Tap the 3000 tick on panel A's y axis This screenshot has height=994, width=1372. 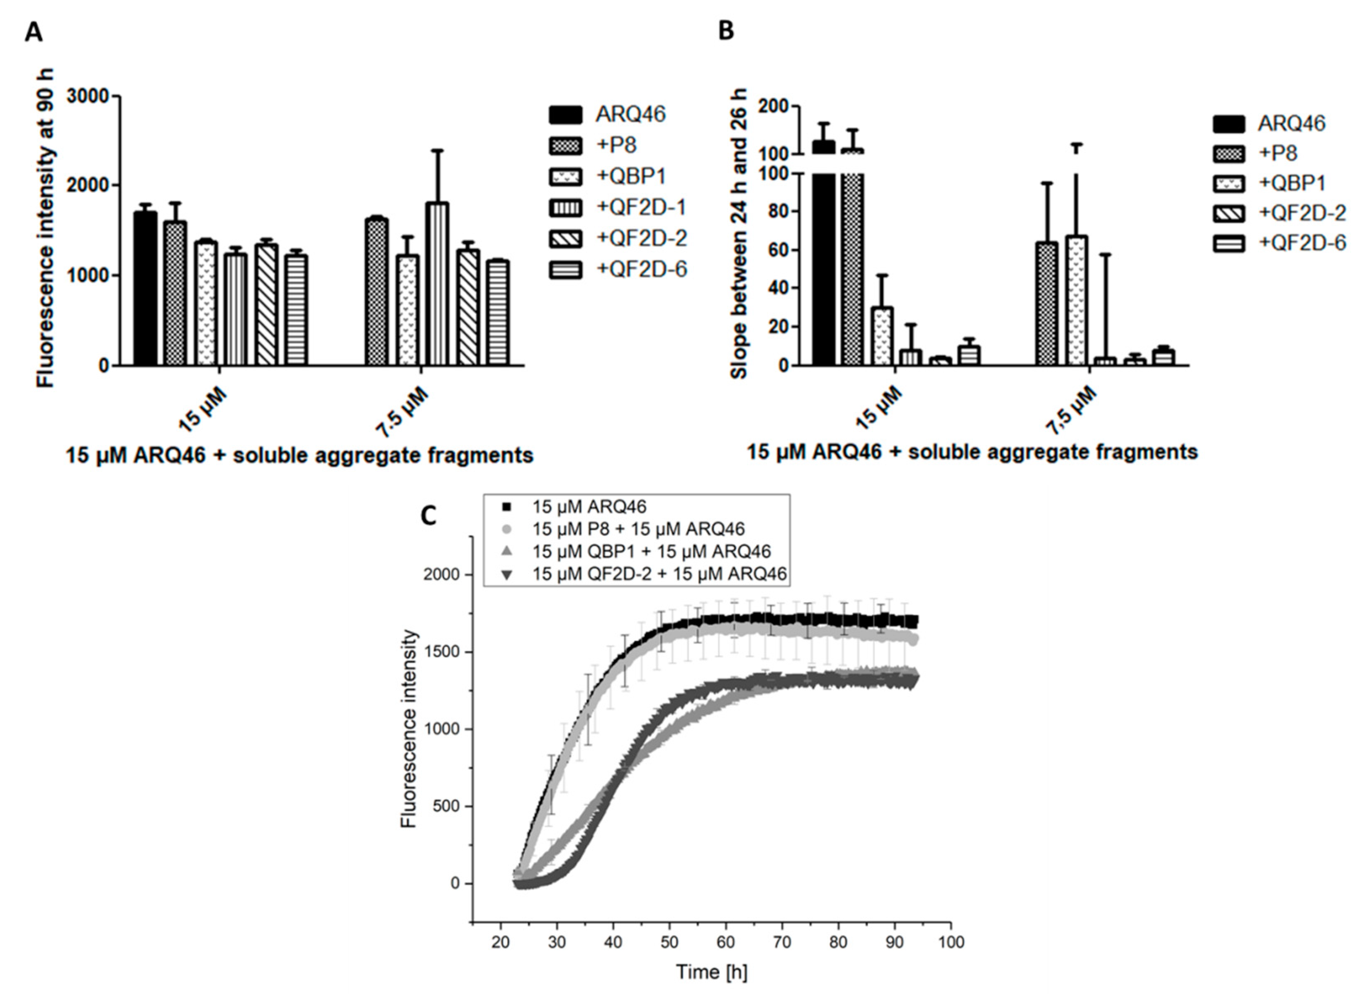(88, 97)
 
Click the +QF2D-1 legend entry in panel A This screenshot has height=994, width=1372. (641, 207)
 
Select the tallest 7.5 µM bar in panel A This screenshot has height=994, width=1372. (437, 284)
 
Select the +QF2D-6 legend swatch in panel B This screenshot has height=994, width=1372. (1228, 243)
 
